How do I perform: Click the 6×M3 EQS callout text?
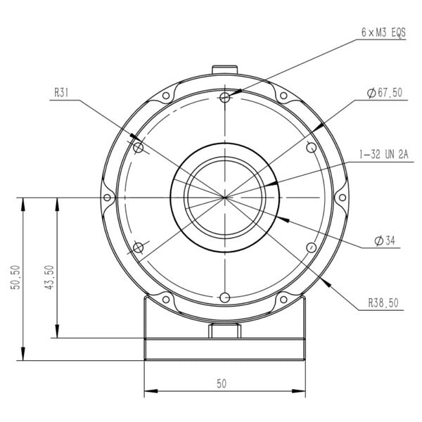pos(383,33)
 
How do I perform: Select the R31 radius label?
pos(61,93)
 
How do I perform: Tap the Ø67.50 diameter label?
pos(385,93)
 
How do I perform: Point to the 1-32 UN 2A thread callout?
pos(384,154)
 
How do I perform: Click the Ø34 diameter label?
pos(385,241)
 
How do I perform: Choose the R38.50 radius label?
pos(383,303)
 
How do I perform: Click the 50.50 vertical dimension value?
pos(15,277)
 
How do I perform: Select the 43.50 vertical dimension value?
pos(49,277)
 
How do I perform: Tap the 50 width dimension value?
pos(222,384)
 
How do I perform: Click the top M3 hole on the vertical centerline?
pos(225,97)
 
